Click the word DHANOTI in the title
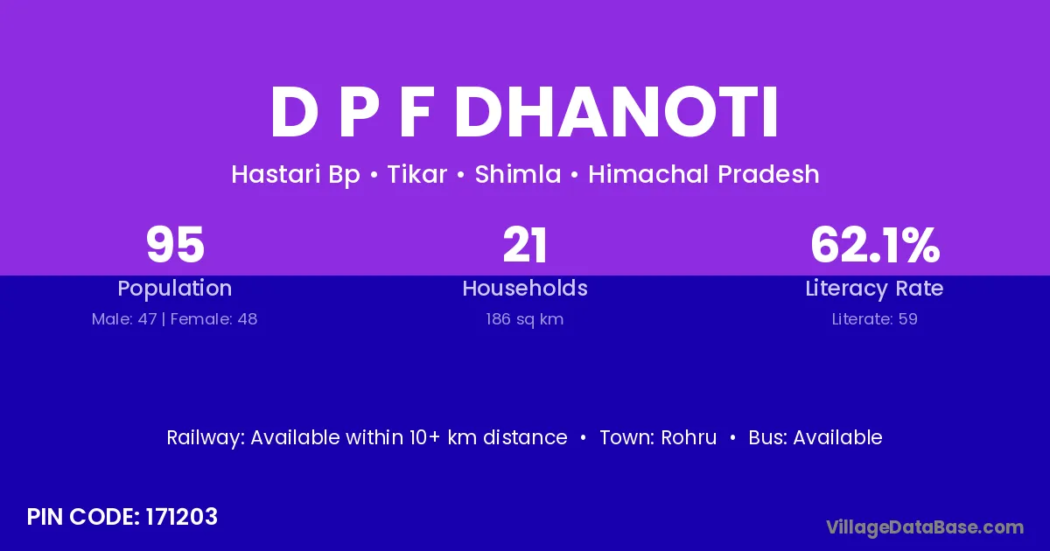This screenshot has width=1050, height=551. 616,112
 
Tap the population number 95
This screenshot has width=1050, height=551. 175,245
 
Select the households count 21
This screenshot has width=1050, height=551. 525,245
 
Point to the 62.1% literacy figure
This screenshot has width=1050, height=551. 875,245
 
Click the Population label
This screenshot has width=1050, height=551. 175,289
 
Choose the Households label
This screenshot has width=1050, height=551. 525,288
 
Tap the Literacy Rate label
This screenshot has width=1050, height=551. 874,289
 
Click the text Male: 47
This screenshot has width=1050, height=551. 124,319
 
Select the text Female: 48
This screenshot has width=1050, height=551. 213,319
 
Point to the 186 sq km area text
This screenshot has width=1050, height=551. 524,319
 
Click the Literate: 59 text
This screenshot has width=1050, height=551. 875,319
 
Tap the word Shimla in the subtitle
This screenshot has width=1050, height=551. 518,174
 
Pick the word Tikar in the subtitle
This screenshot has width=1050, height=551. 417,174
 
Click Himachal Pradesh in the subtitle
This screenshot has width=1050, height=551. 703,174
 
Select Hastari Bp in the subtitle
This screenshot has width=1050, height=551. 296,175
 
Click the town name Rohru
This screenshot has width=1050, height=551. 689,437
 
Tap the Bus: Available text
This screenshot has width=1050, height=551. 815,437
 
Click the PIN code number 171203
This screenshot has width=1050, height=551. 181,517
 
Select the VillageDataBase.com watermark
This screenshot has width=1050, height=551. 925,527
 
